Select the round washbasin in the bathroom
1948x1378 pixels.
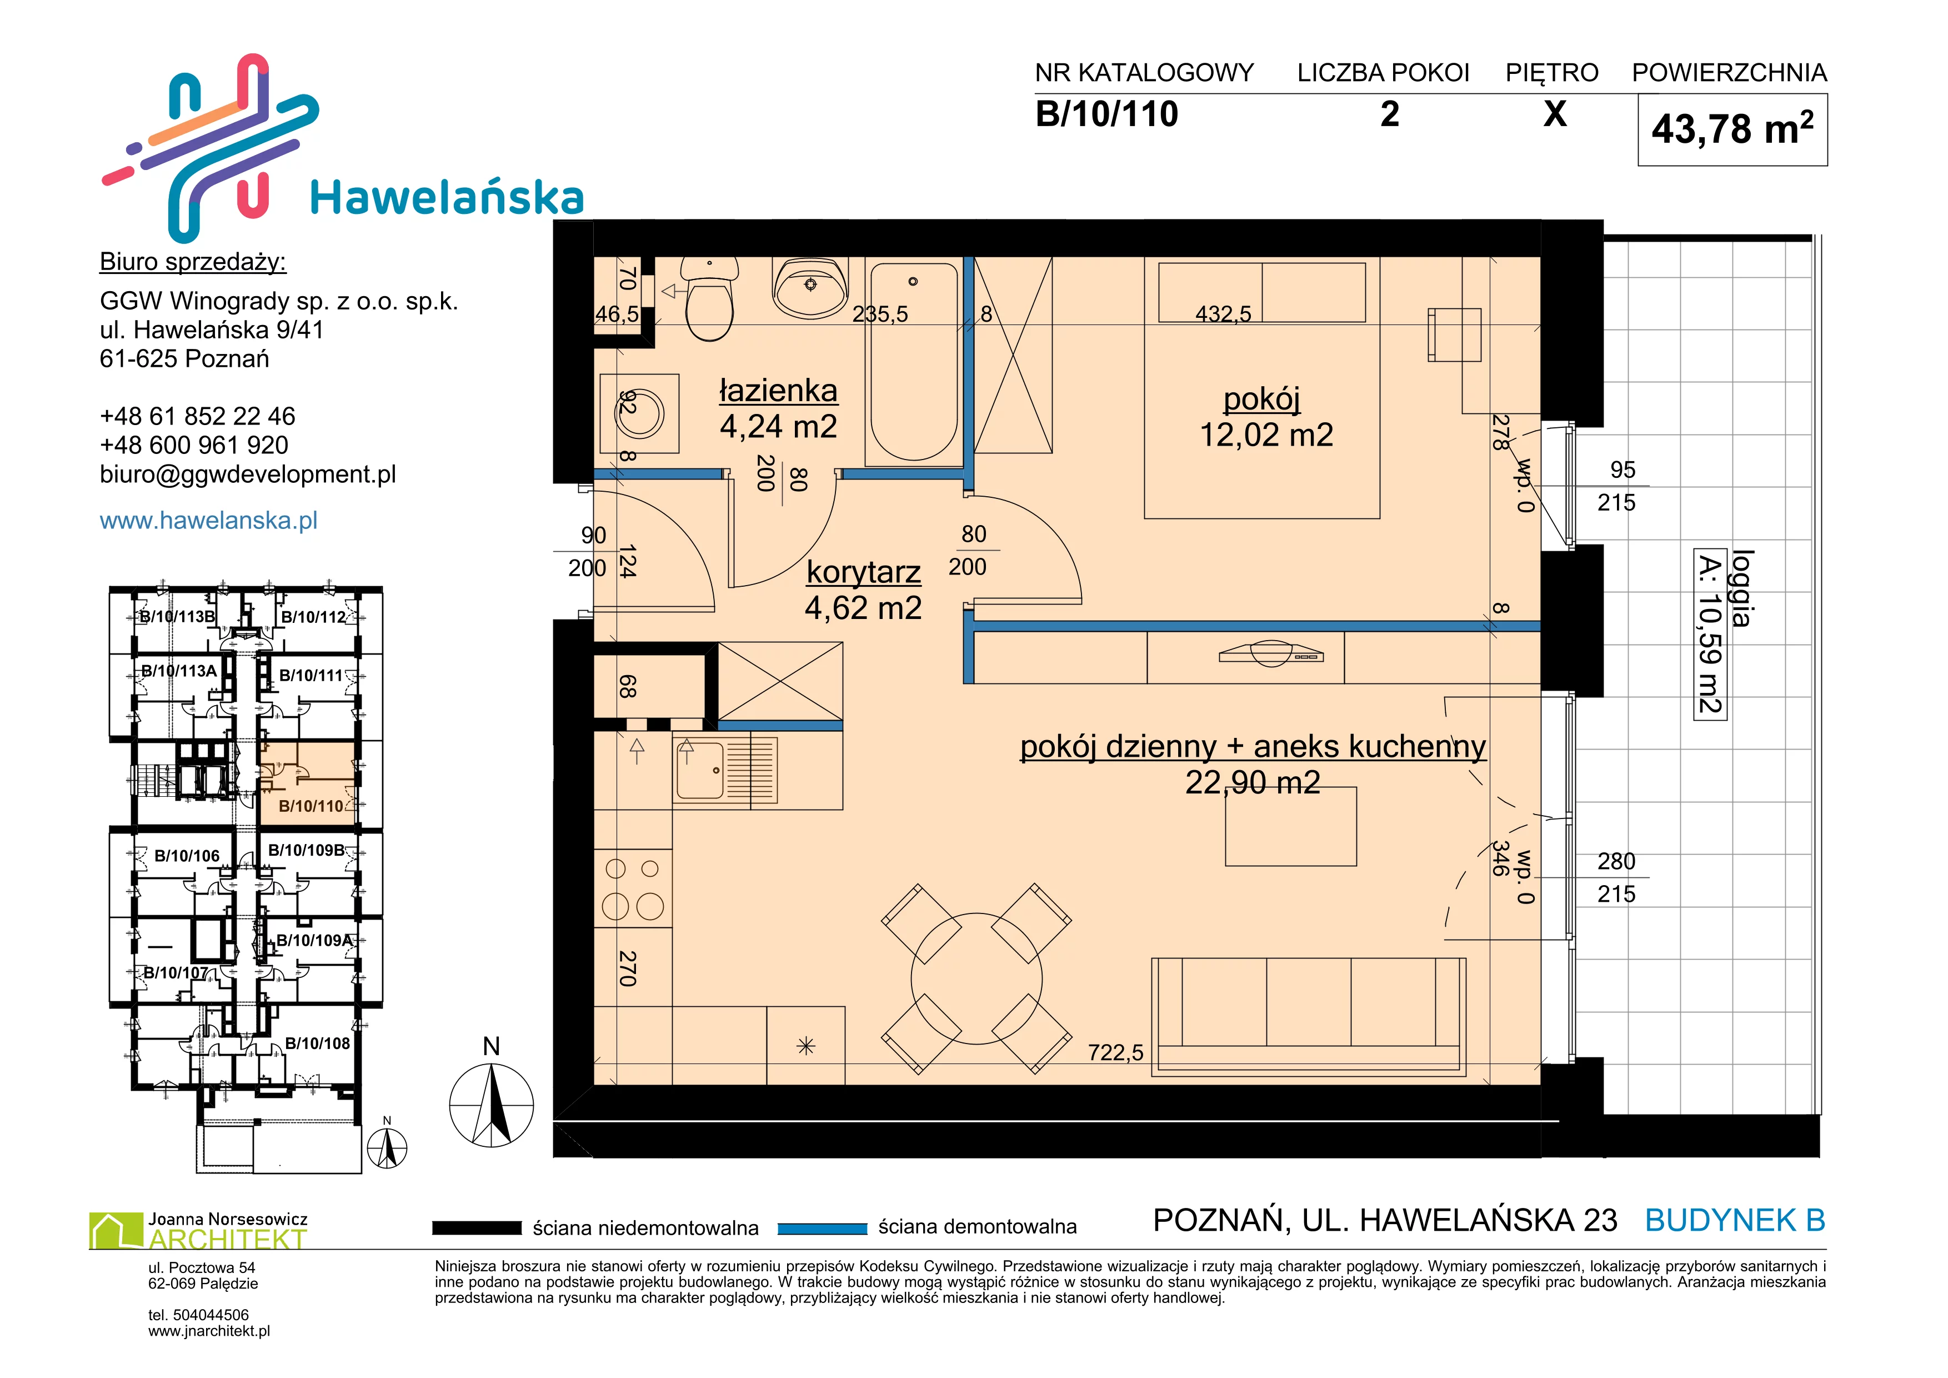tap(810, 286)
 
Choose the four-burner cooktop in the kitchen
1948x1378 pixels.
tap(633, 888)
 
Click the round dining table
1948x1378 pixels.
tap(976, 978)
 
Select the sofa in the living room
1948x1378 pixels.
tap(1308, 1016)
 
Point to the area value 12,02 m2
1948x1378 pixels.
tap(1266, 435)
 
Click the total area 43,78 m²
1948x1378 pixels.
tap(1732, 129)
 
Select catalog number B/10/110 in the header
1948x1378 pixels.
tap(1106, 114)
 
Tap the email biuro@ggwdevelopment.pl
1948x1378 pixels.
tap(248, 475)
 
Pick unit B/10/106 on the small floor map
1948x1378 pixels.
tap(187, 856)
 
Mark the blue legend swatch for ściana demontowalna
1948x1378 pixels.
tap(822, 1228)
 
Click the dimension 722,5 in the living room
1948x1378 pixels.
tap(1116, 1052)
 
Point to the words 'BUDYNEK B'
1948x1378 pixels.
tap(1735, 1220)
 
